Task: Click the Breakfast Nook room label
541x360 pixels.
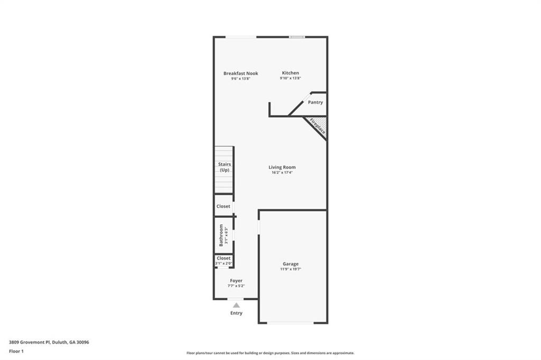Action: point(240,73)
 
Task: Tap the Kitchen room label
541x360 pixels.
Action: point(290,73)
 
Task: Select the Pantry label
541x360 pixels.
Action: point(315,103)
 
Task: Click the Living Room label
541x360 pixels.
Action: point(282,167)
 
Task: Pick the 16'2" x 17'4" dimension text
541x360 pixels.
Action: point(282,172)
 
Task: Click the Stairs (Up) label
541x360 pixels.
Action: point(225,167)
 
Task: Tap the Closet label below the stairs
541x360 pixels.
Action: point(223,206)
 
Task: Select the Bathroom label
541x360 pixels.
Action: point(222,235)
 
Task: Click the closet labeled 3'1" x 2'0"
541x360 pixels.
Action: point(223,261)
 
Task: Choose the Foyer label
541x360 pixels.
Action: point(236,281)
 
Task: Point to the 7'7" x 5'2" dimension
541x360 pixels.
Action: point(236,286)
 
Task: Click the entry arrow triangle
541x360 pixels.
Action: point(236,305)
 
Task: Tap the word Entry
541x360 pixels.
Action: point(236,313)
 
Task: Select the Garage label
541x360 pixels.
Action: point(291,264)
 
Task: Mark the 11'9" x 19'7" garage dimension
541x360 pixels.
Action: point(291,269)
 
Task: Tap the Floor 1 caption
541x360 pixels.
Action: point(16,351)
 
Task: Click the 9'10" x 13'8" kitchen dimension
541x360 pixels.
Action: point(290,78)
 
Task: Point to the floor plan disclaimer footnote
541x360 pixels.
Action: point(270,353)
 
